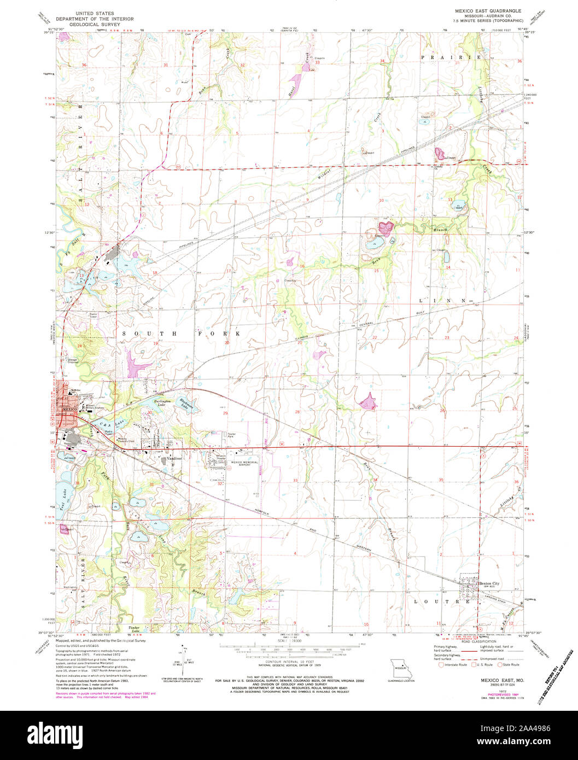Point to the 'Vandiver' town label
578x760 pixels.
coord(174,458)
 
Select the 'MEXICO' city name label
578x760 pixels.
coord(69,410)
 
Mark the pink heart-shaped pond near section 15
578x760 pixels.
coord(386,225)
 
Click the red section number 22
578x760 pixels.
coord(375,338)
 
